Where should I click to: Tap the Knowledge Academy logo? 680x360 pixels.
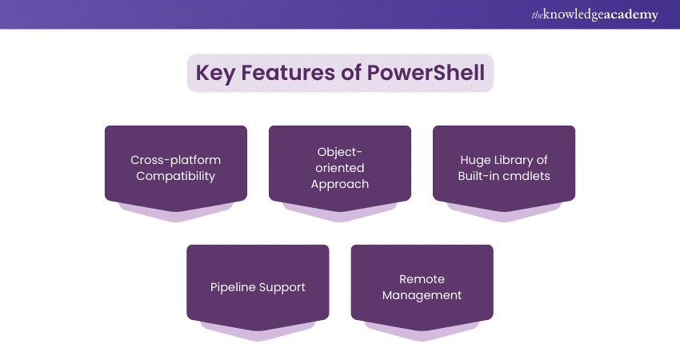click(x=594, y=14)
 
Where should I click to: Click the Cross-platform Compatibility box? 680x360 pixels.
click(x=176, y=164)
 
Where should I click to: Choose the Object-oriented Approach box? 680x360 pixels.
click(x=340, y=164)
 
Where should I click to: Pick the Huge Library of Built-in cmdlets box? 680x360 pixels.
click(x=504, y=164)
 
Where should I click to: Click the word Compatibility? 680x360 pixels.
click(x=176, y=176)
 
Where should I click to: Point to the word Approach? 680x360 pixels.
click(x=340, y=184)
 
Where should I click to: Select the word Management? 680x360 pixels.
click(x=422, y=295)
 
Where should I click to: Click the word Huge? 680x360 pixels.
click(x=475, y=160)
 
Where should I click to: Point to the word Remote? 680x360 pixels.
click(x=422, y=279)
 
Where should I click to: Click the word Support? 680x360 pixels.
click(x=282, y=287)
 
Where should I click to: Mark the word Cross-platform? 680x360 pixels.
click(x=176, y=160)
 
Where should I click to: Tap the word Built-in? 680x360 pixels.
click(x=478, y=176)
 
